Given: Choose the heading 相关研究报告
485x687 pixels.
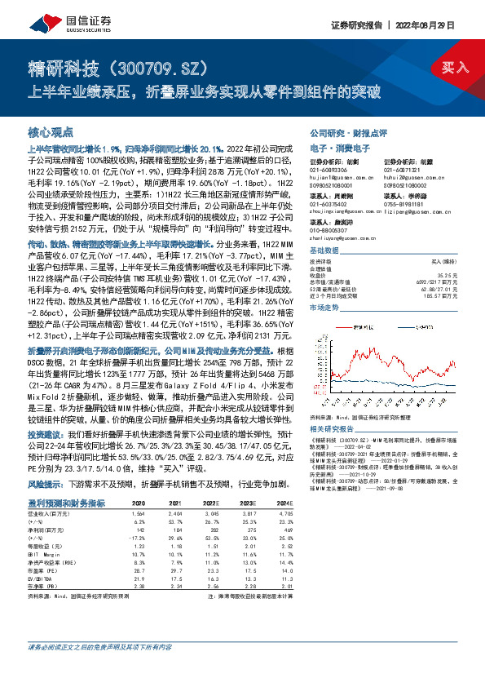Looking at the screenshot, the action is tap(331, 428).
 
